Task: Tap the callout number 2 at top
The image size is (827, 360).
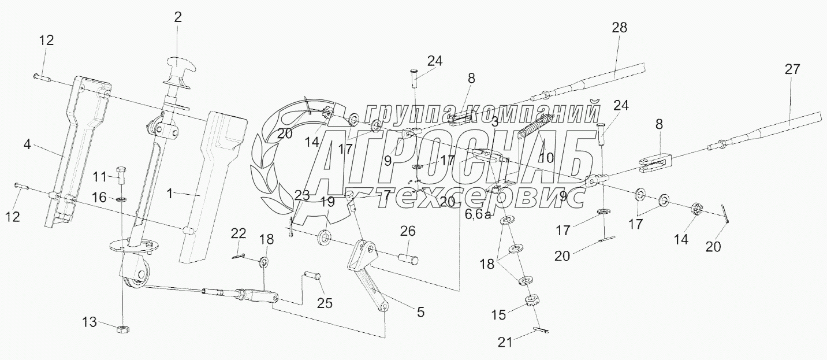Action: click(178, 17)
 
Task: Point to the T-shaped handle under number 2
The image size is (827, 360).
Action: click(179, 64)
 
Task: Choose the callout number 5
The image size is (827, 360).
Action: click(420, 312)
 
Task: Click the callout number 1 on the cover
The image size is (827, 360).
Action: click(169, 195)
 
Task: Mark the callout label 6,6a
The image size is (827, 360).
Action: click(478, 215)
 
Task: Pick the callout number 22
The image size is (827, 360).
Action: click(239, 234)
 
